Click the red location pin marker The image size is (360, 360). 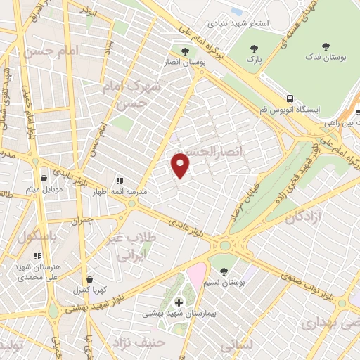181,165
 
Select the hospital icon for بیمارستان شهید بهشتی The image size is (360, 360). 179,302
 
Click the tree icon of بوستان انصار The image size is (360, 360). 185,51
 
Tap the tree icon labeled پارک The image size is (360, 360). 253,49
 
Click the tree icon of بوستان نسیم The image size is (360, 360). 223,271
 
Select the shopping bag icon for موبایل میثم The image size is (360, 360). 44,179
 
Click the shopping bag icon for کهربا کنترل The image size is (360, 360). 87,279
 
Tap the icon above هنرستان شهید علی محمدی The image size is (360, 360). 38,256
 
